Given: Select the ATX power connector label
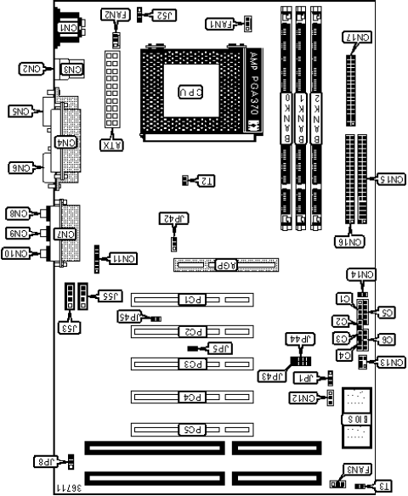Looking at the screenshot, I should pos(110,144).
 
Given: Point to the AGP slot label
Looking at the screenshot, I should pos(225,264).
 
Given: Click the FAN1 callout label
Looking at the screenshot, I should pos(219,25).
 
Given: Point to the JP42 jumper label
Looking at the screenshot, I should pos(173,218).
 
